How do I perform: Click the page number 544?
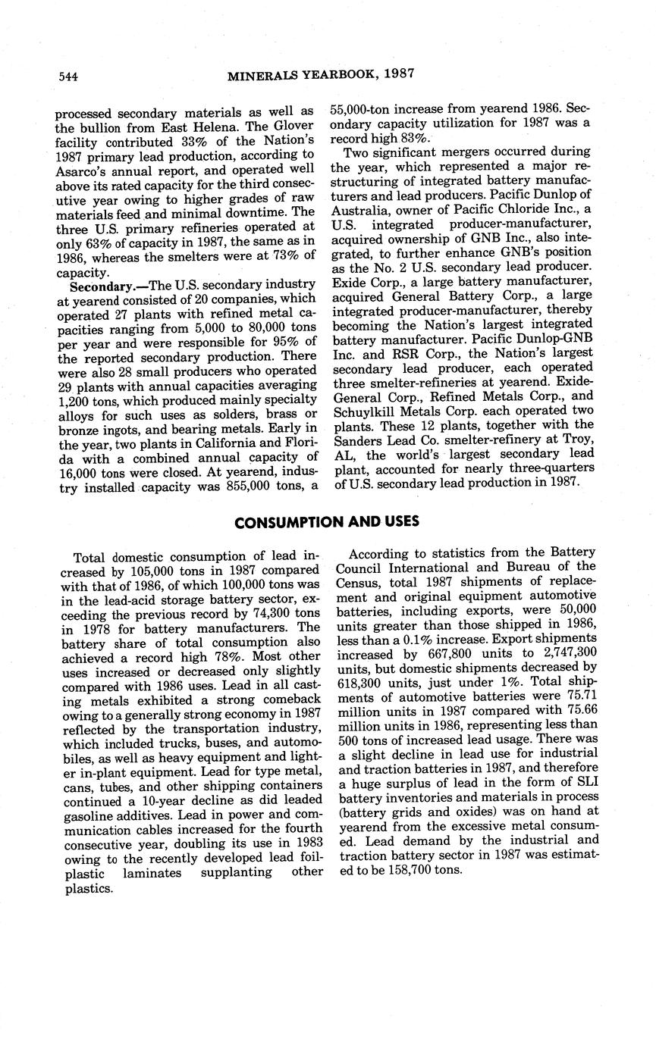(x=68, y=76)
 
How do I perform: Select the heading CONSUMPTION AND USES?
(x=327, y=522)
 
